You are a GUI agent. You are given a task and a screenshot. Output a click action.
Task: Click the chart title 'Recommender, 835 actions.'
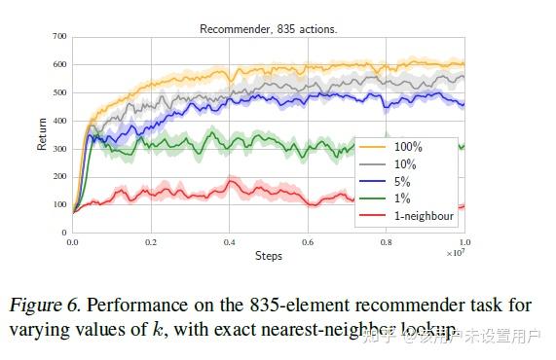click(268, 29)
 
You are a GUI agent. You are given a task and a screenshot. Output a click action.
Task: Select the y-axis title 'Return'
click(42, 133)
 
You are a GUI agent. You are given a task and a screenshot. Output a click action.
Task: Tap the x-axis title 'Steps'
click(269, 256)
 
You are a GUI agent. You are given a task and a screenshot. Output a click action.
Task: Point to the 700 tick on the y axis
click(60, 37)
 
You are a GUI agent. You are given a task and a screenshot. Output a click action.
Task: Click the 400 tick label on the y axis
click(60, 121)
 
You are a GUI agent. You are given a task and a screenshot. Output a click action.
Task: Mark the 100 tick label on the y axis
click(60, 205)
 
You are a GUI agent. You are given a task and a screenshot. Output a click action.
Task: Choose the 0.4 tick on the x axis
click(230, 242)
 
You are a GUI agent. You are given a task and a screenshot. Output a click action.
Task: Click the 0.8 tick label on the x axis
click(386, 242)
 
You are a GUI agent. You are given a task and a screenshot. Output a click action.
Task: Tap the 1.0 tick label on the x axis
click(463, 242)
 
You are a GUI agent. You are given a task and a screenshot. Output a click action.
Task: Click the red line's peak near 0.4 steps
click(231, 181)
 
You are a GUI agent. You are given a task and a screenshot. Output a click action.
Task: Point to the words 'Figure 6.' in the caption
click(42, 306)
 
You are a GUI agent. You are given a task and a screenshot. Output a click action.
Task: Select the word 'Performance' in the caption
click(127, 306)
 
